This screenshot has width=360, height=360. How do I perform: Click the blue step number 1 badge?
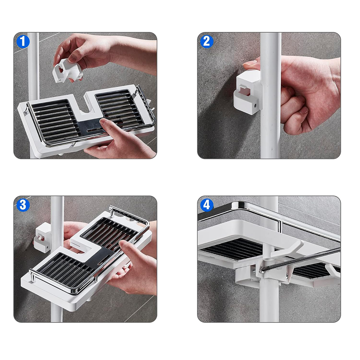point(23,41)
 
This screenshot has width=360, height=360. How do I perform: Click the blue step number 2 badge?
point(207,41)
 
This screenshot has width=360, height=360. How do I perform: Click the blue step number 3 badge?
point(23,205)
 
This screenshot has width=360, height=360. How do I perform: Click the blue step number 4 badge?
point(207,205)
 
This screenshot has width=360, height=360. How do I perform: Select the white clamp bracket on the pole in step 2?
point(248,92)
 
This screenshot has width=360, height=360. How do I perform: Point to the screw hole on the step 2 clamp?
point(255,106)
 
